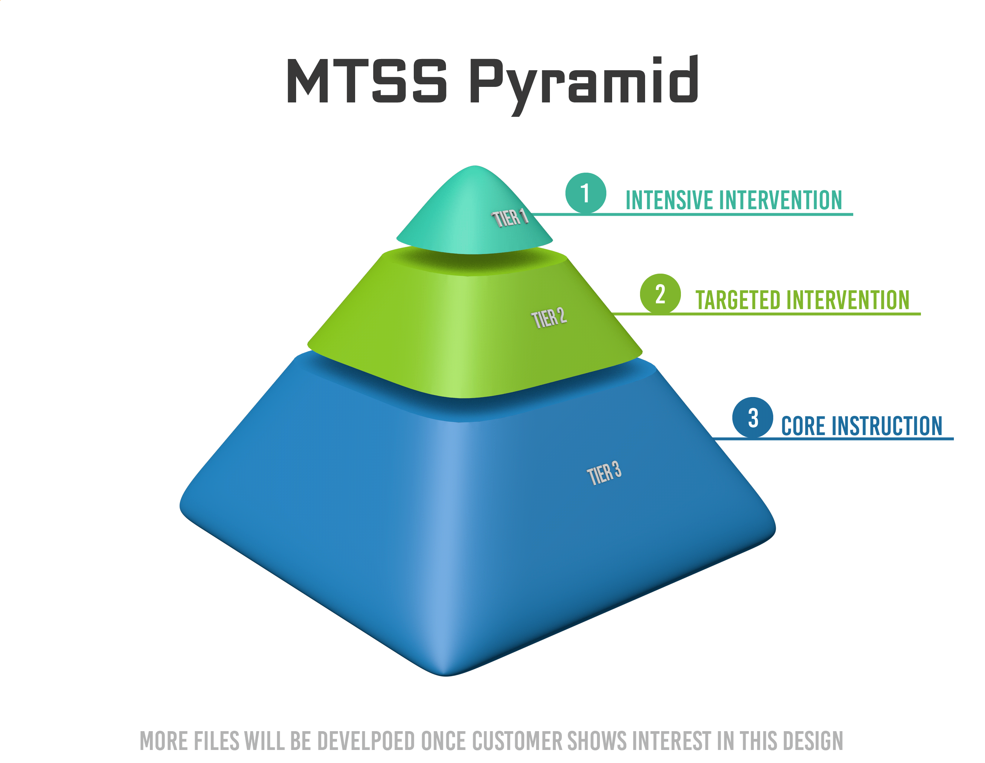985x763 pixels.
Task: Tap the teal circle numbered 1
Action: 585,193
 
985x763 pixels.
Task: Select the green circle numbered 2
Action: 660,294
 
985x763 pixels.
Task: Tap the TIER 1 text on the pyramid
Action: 510,218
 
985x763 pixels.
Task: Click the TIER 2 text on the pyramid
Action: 549,317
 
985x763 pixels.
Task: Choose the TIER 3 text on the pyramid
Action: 604,473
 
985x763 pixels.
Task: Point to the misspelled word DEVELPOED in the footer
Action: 365,741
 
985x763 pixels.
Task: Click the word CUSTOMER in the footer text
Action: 517,741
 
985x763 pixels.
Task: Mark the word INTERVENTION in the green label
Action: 850,300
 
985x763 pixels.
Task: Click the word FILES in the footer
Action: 216,741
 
